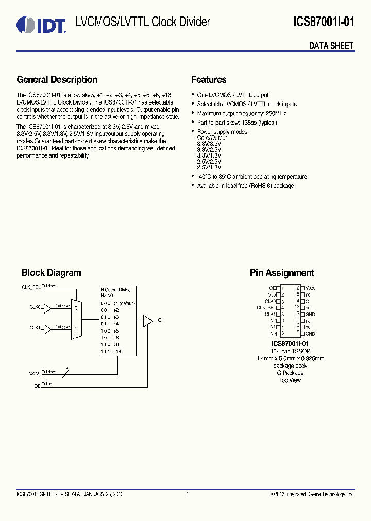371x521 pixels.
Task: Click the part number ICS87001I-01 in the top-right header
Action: [x=324, y=22]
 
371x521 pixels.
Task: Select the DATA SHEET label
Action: [x=331, y=46]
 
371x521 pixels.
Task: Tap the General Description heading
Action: [x=57, y=80]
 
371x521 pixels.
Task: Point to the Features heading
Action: [x=209, y=80]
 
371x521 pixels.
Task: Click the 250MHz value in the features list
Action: [x=277, y=113]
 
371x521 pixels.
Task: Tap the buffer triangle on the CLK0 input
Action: [x=47, y=308]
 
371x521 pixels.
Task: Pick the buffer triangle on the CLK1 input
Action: [x=47, y=328]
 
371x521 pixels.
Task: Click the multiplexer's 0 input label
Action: [x=76, y=309]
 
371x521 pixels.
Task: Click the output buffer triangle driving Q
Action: [x=148, y=321]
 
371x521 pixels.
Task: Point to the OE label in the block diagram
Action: [x=37, y=385]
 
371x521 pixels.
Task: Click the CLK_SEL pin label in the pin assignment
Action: [x=266, y=308]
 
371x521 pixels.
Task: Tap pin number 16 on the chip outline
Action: [x=297, y=288]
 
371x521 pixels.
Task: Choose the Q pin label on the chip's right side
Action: [x=307, y=301]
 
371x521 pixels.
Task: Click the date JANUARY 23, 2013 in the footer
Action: [x=96, y=495]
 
